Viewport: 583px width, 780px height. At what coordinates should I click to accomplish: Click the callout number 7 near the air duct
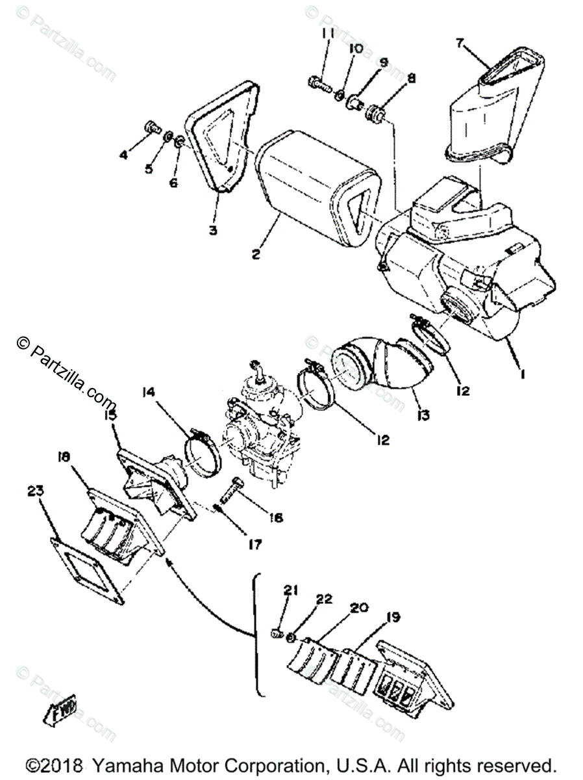tap(460, 44)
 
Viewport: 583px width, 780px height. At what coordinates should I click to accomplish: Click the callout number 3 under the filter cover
tap(213, 229)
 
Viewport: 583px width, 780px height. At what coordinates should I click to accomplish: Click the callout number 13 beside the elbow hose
tap(423, 413)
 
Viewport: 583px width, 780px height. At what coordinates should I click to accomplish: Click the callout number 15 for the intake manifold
tap(110, 413)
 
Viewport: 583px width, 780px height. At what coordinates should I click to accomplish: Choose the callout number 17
tap(254, 545)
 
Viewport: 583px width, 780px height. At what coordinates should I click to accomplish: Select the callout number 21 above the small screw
tap(289, 590)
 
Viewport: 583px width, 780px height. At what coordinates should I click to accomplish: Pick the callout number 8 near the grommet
tap(410, 81)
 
